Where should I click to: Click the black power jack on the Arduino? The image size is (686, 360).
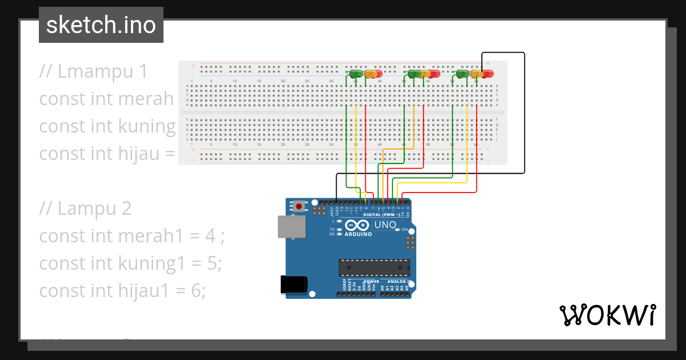pos(294,285)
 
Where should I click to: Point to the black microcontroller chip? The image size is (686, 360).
pos(374,268)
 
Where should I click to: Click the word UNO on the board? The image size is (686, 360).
pos(385,225)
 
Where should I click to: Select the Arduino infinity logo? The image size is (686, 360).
pos(358,226)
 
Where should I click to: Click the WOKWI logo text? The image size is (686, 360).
pos(607,315)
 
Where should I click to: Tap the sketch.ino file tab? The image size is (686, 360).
pos(101,25)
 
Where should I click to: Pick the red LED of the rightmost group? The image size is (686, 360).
pos(487,74)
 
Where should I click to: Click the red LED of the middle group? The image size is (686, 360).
pos(434,74)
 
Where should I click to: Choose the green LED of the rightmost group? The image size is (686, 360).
pos(462,74)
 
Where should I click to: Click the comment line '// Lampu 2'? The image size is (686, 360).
pos(86,209)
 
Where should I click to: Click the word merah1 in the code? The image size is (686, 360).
pos(149,236)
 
